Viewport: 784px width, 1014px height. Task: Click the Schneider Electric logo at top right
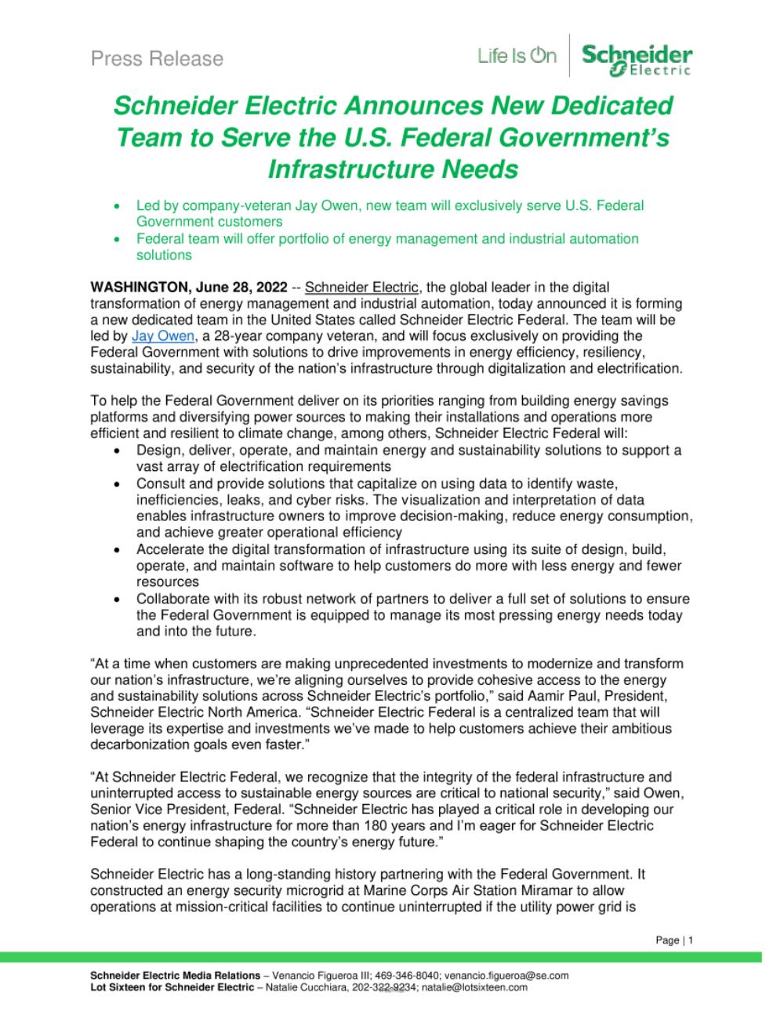(x=637, y=60)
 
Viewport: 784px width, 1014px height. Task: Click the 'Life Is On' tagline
(x=517, y=56)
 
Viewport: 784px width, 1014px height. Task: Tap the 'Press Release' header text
(x=157, y=59)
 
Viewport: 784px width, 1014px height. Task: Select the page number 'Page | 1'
(x=673, y=940)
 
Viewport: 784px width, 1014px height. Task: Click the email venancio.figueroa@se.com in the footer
(x=506, y=976)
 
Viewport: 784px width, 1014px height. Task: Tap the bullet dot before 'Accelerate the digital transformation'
(x=117, y=550)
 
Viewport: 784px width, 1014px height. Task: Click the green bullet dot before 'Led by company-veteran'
(x=117, y=206)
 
